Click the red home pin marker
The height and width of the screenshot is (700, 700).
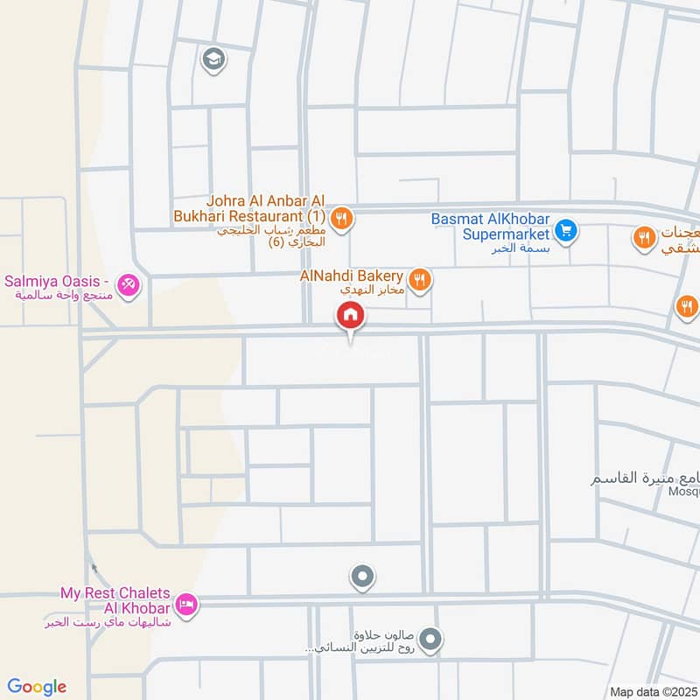pos(350,315)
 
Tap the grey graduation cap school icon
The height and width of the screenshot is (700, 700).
pos(213,59)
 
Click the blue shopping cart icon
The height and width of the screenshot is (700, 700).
pos(566,231)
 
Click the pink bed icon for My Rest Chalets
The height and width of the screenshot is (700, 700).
pos(185,604)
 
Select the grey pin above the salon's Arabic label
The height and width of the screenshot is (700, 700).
pos(430,640)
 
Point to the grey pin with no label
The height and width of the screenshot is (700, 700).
pos(362,577)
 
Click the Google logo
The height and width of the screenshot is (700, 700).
pos(37,687)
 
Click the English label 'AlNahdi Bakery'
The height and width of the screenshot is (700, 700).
pos(353,276)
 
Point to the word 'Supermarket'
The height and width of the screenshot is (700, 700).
pos(506,234)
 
